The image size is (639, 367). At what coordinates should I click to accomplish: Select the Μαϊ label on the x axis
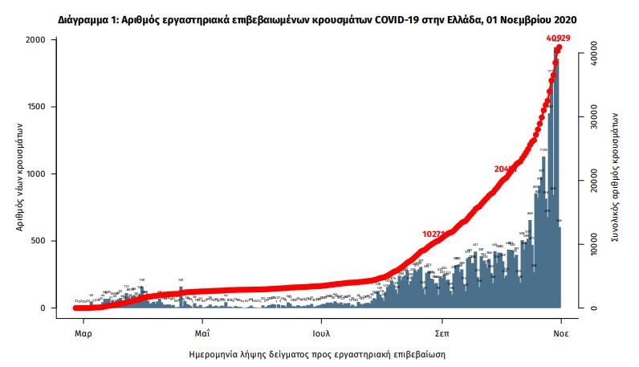tap(201, 331)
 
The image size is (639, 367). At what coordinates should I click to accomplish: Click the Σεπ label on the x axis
tap(442, 331)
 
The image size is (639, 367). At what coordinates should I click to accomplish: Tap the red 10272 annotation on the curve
tap(436, 234)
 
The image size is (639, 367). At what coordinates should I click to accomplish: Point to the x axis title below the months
tap(319, 353)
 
